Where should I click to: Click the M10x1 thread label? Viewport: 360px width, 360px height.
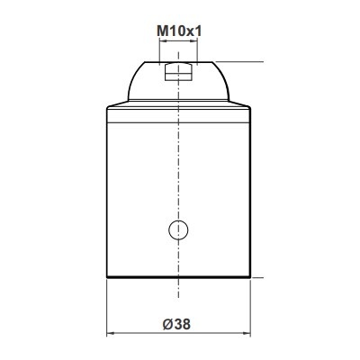click(x=179, y=31)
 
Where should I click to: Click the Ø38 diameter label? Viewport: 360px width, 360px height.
click(x=176, y=324)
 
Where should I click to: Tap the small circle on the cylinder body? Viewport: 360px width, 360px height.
click(x=178, y=230)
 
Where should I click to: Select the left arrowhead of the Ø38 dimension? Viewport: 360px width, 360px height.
click(x=111, y=333)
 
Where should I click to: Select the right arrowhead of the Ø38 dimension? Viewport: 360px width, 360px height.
click(x=247, y=333)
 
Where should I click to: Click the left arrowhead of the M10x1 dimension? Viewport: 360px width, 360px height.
click(x=162, y=41)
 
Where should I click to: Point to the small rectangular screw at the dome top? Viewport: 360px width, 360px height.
click(x=178, y=71)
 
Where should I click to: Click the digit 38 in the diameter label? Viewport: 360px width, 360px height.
click(x=182, y=324)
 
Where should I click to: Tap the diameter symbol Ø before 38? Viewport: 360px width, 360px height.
click(x=167, y=324)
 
